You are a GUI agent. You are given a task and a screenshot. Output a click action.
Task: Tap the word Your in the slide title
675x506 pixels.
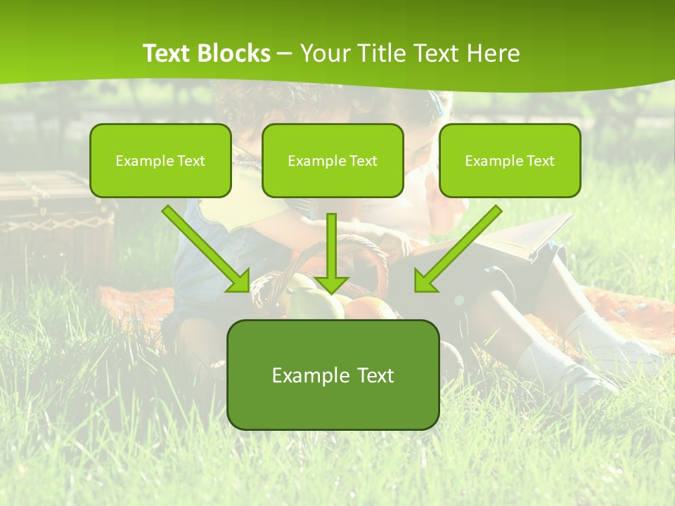point(329,53)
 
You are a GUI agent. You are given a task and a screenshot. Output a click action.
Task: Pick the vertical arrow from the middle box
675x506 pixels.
point(332,253)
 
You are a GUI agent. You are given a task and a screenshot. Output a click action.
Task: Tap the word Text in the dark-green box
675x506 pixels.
point(376,375)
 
